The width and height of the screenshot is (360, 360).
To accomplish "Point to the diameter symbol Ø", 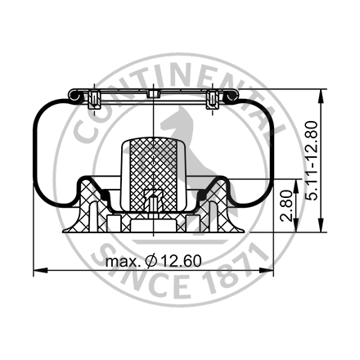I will (x=151, y=261).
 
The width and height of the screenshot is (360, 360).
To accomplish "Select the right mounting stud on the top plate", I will (x=212, y=101).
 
